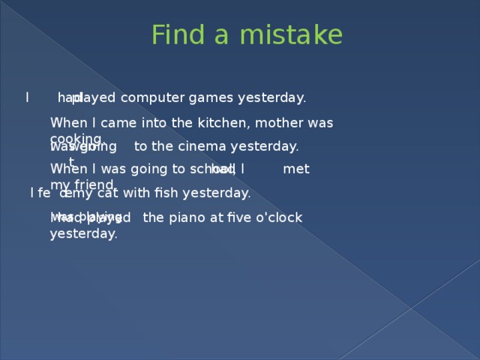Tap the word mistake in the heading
(x=293, y=35)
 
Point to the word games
(x=211, y=97)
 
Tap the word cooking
(x=75, y=139)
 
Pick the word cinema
(x=202, y=146)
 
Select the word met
(x=296, y=169)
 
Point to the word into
(x=154, y=122)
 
